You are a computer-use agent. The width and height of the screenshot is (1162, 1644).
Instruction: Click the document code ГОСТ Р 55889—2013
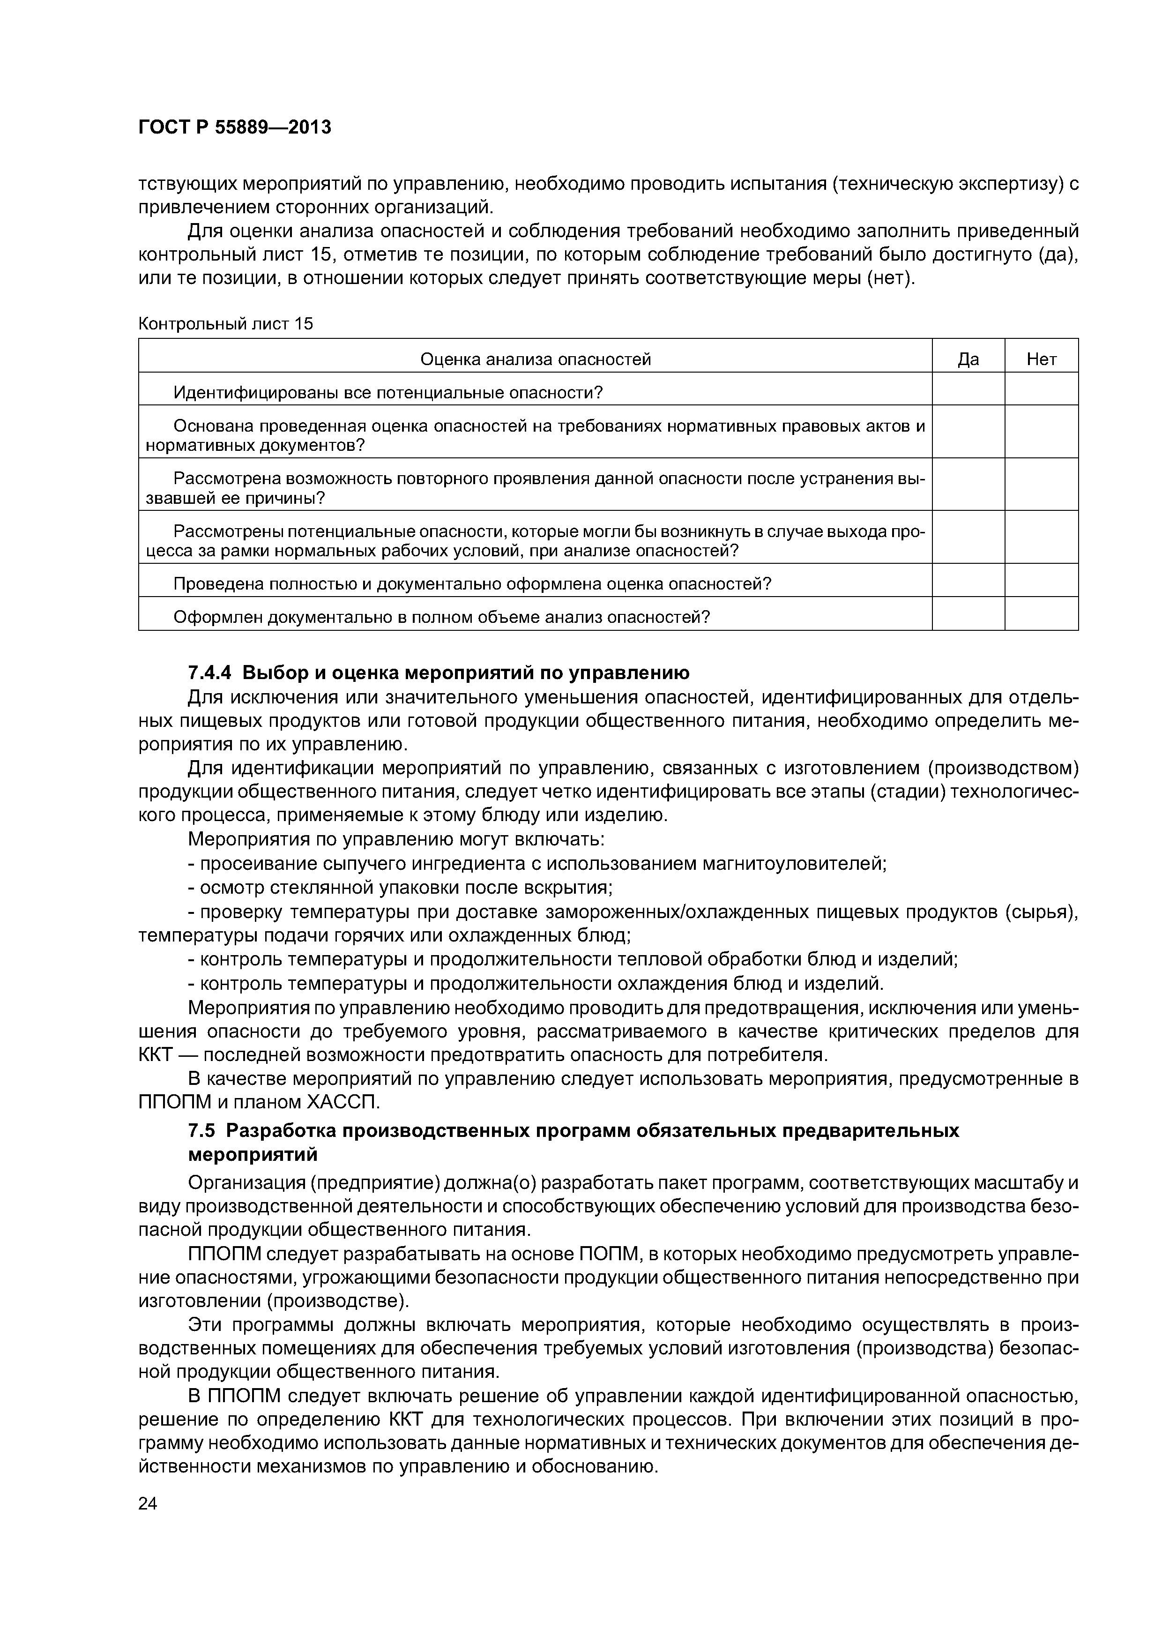(x=234, y=127)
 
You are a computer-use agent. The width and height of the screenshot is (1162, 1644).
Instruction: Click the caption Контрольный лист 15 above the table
(x=225, y=324)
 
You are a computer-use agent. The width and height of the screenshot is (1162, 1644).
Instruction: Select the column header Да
(x=968, y=359)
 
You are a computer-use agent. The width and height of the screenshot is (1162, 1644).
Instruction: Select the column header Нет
(x=1041, y=359)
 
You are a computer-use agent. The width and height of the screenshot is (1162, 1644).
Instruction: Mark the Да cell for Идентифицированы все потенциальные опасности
(x=968, y=392)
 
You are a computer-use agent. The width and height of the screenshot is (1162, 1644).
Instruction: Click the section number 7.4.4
(x=211, y=673)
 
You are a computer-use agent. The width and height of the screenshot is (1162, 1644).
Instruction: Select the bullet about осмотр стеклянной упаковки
(x=405, y=888)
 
